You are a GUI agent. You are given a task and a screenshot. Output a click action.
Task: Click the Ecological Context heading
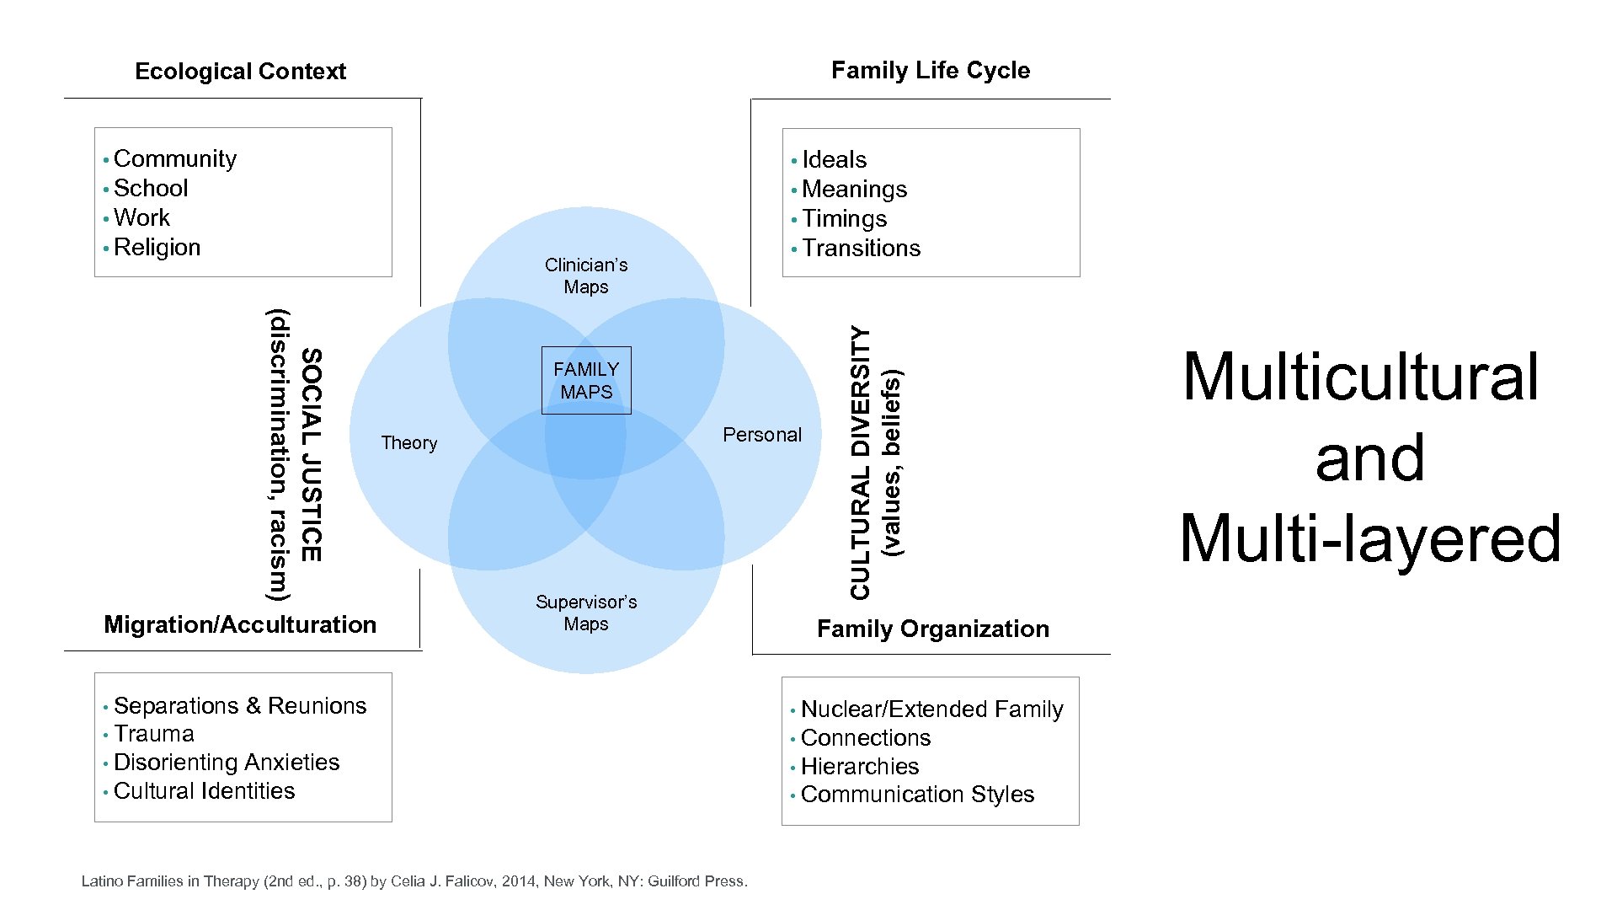[240, 72]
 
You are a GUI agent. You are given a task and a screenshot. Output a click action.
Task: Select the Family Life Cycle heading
[931, 71]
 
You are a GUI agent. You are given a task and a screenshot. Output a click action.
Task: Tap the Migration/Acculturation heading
[240, 624]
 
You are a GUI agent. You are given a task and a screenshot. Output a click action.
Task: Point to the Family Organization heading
[933, 629]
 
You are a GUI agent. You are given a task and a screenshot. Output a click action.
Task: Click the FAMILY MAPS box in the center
[586, 381]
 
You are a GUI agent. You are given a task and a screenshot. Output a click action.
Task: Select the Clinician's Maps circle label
[586, 276]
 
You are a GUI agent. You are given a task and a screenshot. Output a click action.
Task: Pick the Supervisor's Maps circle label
[586, 613]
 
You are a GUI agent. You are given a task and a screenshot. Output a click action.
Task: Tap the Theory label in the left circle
[409, 443]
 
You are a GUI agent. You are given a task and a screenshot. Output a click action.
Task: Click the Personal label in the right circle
[762, 435]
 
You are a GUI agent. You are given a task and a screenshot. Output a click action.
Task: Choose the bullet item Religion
[157, 248]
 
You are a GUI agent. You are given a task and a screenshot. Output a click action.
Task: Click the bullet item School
[151, 189]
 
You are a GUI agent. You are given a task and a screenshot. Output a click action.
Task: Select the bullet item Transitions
[862, 249]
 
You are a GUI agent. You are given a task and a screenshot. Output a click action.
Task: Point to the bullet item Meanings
[855, 190]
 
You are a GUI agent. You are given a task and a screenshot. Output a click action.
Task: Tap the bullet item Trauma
[154, 734]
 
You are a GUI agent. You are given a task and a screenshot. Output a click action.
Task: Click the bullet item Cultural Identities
[205, 791]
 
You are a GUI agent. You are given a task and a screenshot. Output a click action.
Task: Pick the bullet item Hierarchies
[860, 767]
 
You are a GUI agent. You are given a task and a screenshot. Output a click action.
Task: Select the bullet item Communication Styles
[918, 795]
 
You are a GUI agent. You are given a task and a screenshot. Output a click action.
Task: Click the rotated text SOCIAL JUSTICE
[311, 455]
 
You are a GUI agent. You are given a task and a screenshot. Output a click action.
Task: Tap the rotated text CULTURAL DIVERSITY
[860, 463]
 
